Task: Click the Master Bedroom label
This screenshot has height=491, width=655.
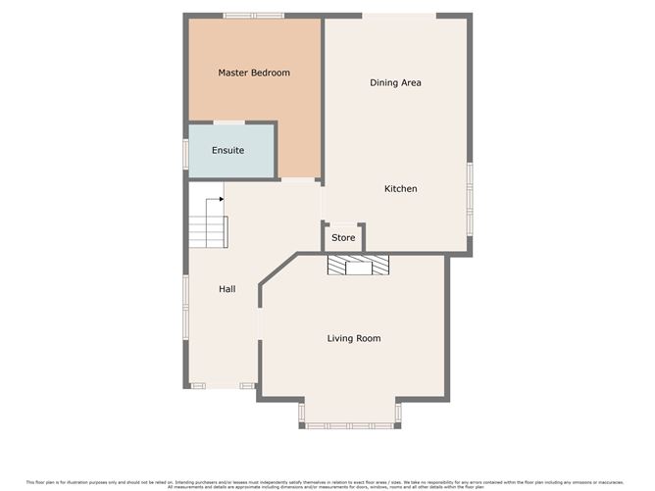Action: (253, 73)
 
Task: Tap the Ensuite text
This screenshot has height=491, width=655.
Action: (227, 150)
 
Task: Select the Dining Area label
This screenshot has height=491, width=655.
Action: (395, 82)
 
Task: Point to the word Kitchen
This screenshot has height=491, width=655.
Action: (400, 188)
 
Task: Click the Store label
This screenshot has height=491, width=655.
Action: (343, 238)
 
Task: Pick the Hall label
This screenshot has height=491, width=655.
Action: (227, 289)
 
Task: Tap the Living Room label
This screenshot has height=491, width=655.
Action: (353, 338)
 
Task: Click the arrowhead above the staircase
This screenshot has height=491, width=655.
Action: (222, 199)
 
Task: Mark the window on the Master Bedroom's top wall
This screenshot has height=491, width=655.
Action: (253, 15)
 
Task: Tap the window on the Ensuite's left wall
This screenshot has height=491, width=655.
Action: (185, 154)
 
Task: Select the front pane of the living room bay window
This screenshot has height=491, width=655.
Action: (350, 426)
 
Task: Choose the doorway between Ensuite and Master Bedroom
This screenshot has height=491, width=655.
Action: (229, 122)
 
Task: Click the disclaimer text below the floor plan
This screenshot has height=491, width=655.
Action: (327, 482)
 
